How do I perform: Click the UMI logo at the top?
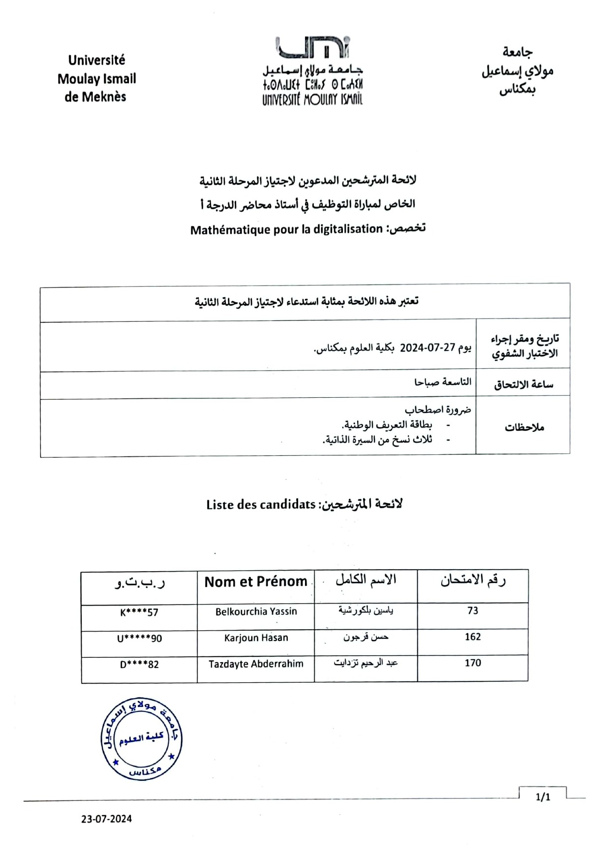pyautogui.click(x=312, y=70)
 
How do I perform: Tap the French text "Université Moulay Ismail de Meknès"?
pyautogui.click(x=96, y=78)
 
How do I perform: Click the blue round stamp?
pyautogui.click(x=141, y=738)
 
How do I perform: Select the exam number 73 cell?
pyautogui.click(x=472, y=611)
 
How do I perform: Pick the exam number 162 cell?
pyautogui.click(x=472, y=637)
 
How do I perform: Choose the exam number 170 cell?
pyautogui.click(x=472, y=663)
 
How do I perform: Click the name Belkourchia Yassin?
pyautogui.click(x=256, y=611)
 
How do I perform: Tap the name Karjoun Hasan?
pyautogui.click(x=256, y=638)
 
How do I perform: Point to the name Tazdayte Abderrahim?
pyautogui.click(x=256, y=664)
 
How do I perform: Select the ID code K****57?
pyautogui.click(x=139, y=612)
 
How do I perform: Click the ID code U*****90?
pyautogui.click(x=139, y=639)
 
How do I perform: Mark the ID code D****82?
pyautogui.click(x=139, y=665)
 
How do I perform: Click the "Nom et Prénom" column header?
pyautogui.click(x=256, y=582)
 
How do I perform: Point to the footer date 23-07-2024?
pyautogui.click(x=107, y=819)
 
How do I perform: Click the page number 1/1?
pyautogui.click(x=543, y=797)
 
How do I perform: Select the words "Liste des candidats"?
pyautogui.click(x=261, y=505)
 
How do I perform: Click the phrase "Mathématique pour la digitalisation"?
pyautogui.click(x=286, y=229)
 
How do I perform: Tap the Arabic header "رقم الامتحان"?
pyautogui.click(x=473, y=580)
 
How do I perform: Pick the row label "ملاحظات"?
pyautogui.click(x=524, y=427)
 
